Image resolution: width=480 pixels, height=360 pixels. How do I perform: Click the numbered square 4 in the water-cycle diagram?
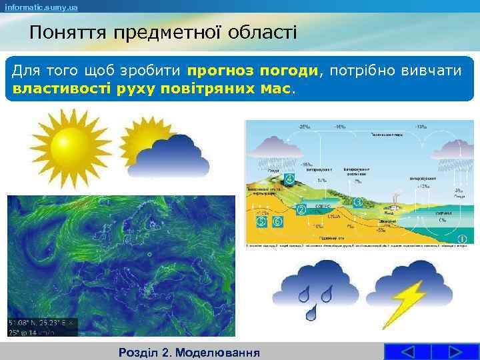tap(289, 179)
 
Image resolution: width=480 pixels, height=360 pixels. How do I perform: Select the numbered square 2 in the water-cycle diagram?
tap(301, 210)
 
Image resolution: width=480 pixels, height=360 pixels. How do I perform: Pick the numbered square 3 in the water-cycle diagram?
tap(359, 202)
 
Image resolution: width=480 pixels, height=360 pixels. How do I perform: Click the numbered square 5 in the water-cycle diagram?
tap(261, 221)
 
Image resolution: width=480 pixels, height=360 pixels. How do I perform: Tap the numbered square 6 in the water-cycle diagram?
tap(277, 221)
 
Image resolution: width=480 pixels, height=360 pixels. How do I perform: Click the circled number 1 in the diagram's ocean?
tap(460, 238)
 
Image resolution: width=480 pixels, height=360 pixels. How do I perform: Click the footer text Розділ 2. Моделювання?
tap(187, 351)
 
